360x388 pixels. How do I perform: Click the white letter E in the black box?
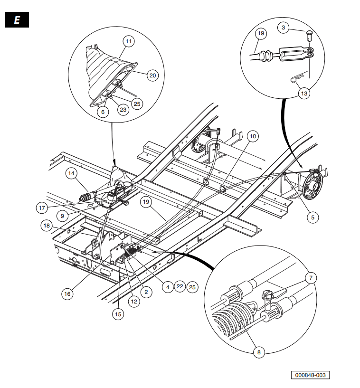[x=17, y=21]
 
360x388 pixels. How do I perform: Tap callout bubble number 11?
[x=128, y=41]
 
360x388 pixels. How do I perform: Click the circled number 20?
[x=152, y=75]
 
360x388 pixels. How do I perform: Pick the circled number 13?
[x=304, y=93]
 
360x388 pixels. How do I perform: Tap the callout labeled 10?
[x=252, y=136]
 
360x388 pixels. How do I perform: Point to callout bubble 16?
[x=67, y=294]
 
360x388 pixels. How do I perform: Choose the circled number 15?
[x=118, y=313]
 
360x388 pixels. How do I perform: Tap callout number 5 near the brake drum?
[x=313, y=218]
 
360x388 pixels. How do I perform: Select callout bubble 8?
[x=259, y=352]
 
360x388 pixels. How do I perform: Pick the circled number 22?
[x=179, y=287]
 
